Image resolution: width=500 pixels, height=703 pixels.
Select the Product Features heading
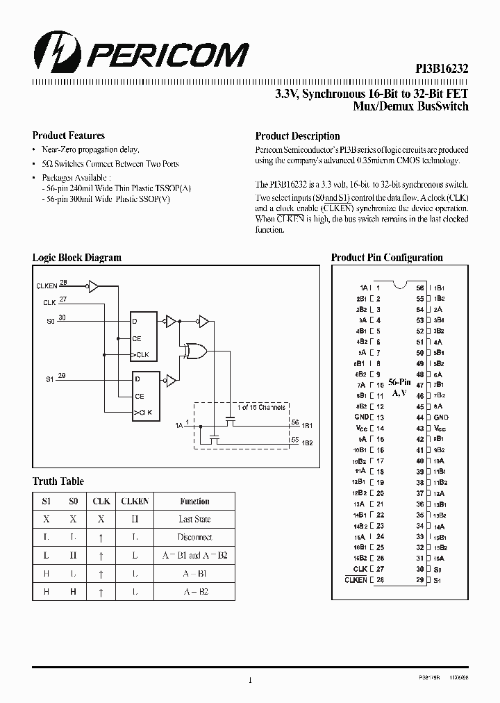click(69, 136)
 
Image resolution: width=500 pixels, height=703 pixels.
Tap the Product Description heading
click(297, 136)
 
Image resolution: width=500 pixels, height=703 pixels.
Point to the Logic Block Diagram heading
click(77, 258)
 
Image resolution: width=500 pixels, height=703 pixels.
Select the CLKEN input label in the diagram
click(47, 286)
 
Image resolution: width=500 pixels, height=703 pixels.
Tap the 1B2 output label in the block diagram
click(307, 443)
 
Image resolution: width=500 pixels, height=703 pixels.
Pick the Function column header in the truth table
click(194, 502)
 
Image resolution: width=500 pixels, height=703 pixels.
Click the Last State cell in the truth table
click(194, 520)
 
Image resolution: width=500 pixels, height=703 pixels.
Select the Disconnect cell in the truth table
click(194, 538)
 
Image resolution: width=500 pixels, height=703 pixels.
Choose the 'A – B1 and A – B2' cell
click(194, 556)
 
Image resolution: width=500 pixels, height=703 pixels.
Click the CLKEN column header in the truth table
click(135, 502)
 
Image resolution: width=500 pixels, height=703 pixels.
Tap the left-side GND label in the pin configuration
click(361, 417)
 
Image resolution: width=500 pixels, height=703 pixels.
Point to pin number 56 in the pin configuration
click(420, 288)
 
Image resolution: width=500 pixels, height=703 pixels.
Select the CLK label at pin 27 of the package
click(360, 569)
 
